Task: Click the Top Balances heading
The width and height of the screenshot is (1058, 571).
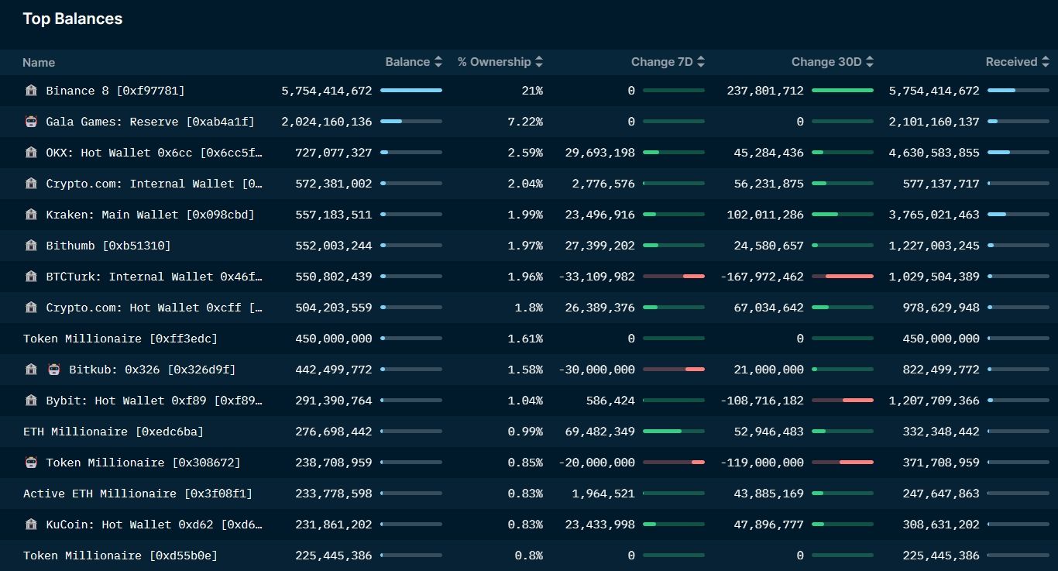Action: click(x=73, y=19)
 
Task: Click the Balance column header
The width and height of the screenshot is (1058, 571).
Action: click(x=407, y=62)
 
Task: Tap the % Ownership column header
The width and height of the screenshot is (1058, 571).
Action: click(x=494, y=62)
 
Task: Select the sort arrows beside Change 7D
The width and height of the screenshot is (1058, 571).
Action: click(x=700, y=62)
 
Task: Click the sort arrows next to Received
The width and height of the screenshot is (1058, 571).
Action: click(x=1045, y=62)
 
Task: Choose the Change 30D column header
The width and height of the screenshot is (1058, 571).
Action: click(x=826, y=62)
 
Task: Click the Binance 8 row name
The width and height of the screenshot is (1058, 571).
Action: click(x=115, y=91)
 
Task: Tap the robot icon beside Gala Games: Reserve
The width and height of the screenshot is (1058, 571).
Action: click(x=31, y=122)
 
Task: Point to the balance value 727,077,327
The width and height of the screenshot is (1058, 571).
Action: click(x=334, y=153)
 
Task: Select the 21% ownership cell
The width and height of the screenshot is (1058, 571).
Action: click(x=532, y=91)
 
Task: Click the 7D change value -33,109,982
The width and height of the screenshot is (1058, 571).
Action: click(x=596, y=277)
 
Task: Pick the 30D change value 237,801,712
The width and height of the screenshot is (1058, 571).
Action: click(x=765, y=91)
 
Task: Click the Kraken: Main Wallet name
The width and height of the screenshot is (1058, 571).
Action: click(x=150, y=215)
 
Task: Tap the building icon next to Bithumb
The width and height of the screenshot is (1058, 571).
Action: click(x=31, y=246)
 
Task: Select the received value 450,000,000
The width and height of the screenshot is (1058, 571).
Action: click(x=941, y=339)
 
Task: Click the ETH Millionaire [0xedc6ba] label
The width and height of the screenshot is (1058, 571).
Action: click(x=113, y=432)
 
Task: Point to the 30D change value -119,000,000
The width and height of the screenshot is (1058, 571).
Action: click(x=762, y=463)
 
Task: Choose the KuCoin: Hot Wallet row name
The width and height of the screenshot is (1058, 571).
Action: click(x=154, y=525)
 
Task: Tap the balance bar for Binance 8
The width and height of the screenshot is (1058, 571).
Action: click(x=411, y=91)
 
